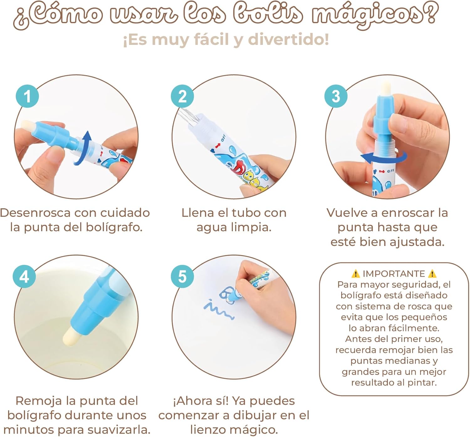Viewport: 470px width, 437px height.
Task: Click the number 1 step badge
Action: click(x=27, y=96)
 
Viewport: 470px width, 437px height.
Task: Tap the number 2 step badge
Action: click(x=182, y=96)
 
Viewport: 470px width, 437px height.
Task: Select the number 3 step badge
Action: click(x=336, y=96)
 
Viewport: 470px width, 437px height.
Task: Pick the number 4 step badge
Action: click(x=24, y=276)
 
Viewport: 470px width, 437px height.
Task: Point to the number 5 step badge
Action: click(x=182, y=276)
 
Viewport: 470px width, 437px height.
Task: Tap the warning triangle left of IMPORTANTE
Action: click(x=356, y=274)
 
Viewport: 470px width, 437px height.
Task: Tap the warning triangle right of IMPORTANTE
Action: click(x=432, y=274)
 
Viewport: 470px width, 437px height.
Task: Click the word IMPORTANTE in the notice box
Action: click(x=394, y=274)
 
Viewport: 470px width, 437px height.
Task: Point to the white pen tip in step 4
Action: click(x=71, y=336)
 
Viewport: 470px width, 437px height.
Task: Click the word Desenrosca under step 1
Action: click(x=35, y=213)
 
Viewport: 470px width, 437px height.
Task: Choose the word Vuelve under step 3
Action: click(x=349, y=213)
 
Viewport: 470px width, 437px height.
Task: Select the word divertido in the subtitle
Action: click(x=289, y=39)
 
